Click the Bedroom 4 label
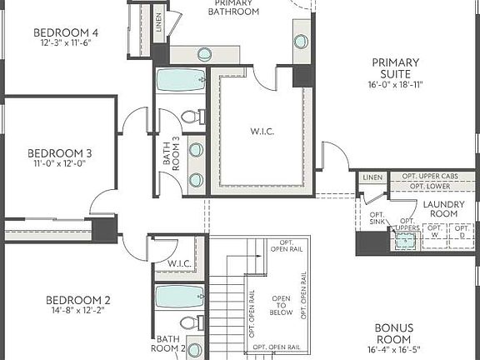pyautogui.click(x=66, y=32)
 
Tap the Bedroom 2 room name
pyautogui.click(x=77, y=300)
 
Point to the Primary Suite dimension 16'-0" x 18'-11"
pyautogui.click(x=395, y=85)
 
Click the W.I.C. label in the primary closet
pyautogui.click(x=262, y=131)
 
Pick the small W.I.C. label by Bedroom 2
pyautogui.click(x=180, y=265)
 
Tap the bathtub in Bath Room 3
pyautogui.click(x=182, y=81)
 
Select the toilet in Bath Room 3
pyautogui.click(x=189, y=117)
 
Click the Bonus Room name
pyautogui.click(x=393, y=333)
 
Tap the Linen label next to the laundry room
pyautogui.click(x=372, y=177)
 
